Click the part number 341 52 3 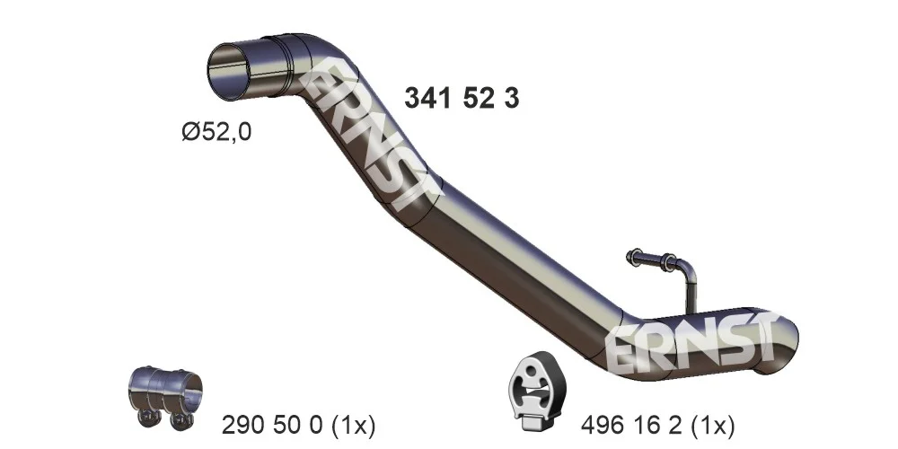click(x=462, y=99)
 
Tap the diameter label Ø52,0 click(x=216, y=133)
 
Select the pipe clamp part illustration click(x=165, y=396)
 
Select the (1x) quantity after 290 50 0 click(x=353, y=426)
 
